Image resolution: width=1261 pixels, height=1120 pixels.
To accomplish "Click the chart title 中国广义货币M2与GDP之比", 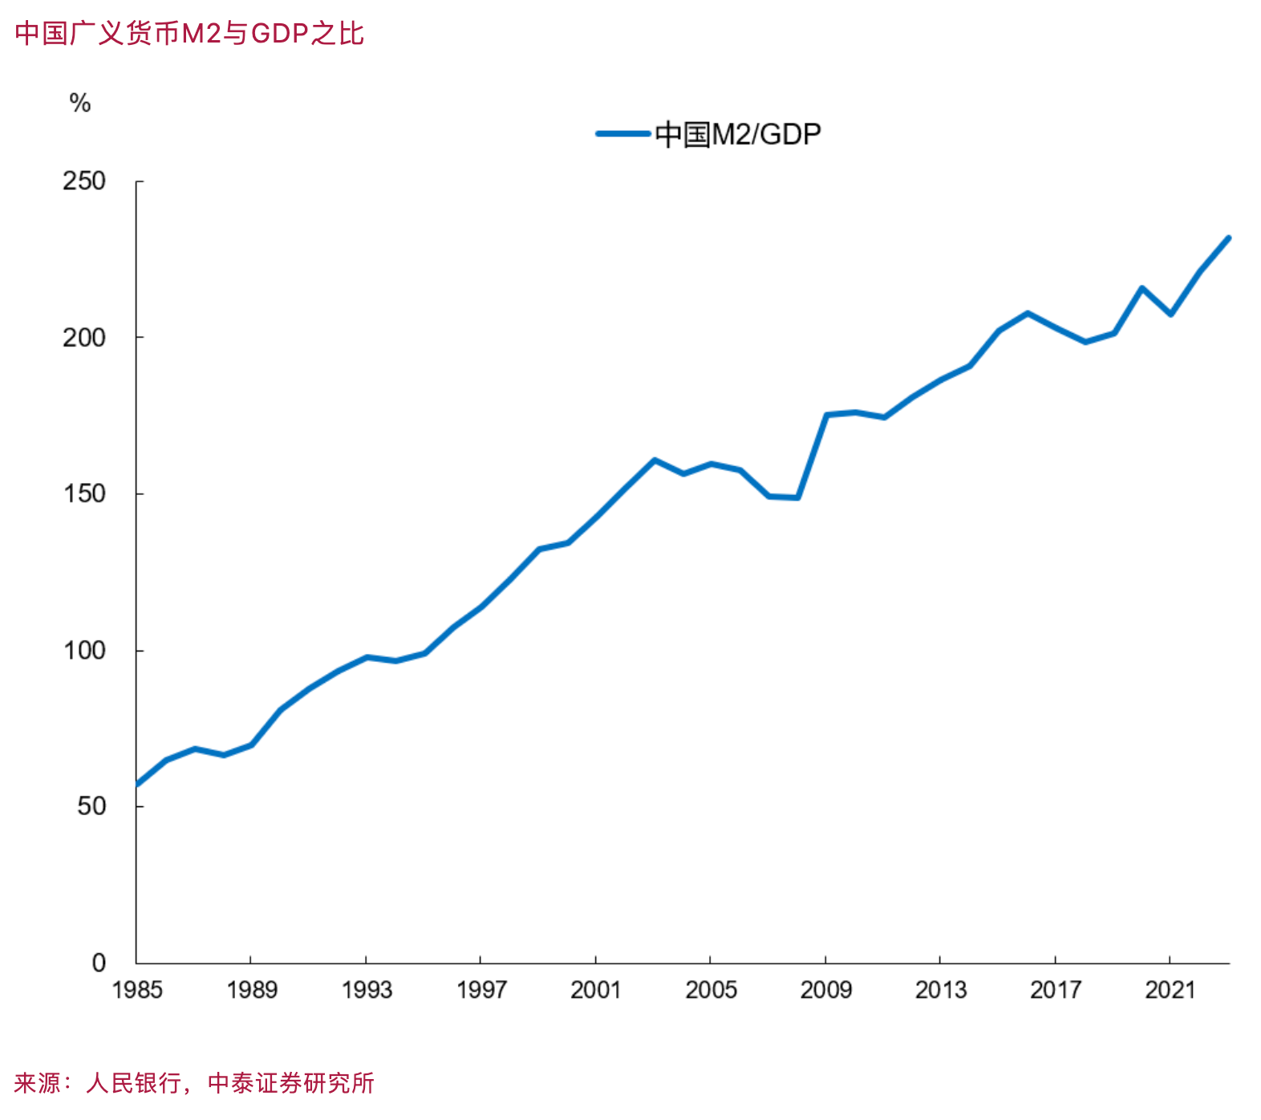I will (x=189, y=34).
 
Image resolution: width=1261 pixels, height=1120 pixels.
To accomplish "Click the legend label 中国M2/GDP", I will (x=738, y=134).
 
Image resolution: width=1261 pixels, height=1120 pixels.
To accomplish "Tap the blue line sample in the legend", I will (x=622, y=134).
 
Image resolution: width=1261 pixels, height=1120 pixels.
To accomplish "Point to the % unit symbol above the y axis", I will (x=79, y=103).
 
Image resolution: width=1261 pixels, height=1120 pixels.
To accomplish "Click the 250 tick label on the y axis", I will (x=84, y=181).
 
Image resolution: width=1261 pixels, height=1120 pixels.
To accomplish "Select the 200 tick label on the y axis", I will (x=84, y=337).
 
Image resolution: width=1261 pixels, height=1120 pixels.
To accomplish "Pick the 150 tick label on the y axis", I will (x=84, y=493).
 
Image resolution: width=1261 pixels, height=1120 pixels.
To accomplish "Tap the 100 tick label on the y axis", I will (x=84, y=650).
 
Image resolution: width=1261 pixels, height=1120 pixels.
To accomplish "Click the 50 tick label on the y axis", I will (x=91, y=806).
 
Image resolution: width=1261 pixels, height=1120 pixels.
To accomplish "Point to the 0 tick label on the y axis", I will (x=99, y=962).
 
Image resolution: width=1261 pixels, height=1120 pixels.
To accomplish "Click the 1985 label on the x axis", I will (x=137, y=990).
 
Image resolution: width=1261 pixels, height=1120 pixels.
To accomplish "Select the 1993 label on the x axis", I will (x=367, y=990).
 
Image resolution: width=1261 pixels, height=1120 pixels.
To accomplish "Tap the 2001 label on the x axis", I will (x=595, y=990).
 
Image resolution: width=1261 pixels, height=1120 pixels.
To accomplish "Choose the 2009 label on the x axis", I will (x=825, y=990).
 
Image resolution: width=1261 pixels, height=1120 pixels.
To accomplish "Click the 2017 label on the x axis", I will (x=1055, y=990).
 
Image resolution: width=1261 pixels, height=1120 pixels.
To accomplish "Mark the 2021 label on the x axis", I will (x=1170, y=990).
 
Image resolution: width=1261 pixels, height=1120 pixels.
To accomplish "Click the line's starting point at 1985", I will (x=138, y=784).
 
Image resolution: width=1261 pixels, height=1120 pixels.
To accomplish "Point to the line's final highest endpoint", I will (x=1228, y=238).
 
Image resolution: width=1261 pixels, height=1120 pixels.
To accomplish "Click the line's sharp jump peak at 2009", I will (x=826, y=415).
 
